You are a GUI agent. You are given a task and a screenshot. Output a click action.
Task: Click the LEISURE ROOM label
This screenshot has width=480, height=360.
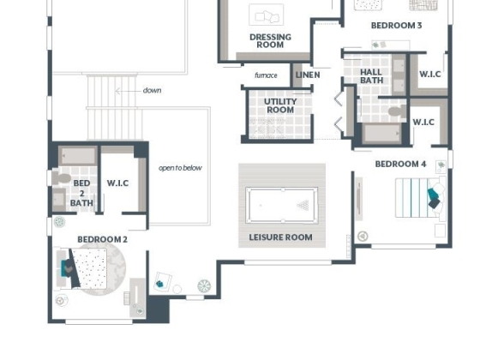tap(281, 237)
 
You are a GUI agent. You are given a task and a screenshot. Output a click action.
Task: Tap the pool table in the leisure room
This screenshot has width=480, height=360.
tap(282, 205)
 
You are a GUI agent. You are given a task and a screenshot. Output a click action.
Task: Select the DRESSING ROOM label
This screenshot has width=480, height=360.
tap(270, 41)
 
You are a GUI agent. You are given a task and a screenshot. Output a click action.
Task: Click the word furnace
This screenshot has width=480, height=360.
tap(266, 75)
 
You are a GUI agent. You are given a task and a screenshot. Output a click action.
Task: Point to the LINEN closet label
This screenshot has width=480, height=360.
tap(308, 75)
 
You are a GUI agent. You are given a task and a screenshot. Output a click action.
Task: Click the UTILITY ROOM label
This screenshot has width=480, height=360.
tap(280, 105)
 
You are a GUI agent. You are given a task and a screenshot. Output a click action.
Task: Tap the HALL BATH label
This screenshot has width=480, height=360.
tap(371, 76)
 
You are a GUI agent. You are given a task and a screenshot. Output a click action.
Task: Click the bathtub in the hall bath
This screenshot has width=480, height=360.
tap(382, 134)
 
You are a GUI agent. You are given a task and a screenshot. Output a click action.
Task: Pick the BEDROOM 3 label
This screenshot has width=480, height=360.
tap(396, 26)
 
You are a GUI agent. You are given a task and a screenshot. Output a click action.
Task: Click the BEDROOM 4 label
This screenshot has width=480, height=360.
tap(400, 164)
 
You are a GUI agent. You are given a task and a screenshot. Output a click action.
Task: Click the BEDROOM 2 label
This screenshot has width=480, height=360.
tap(102, 239)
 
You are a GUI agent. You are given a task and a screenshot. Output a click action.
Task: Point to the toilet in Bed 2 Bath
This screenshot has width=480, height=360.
tap(62, 178)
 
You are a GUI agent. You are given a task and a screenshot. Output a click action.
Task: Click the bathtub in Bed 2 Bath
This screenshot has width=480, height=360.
tap(78, 156)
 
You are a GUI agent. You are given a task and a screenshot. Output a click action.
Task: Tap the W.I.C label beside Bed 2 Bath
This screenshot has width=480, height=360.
tap(117, 183)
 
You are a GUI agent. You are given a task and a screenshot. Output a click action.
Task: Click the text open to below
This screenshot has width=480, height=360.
tap(180, 168)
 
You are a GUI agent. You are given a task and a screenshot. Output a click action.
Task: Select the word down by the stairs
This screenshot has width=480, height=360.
tap(152, 90)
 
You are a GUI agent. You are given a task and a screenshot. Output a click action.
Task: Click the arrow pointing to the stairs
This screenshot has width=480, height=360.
tap(128, 91)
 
